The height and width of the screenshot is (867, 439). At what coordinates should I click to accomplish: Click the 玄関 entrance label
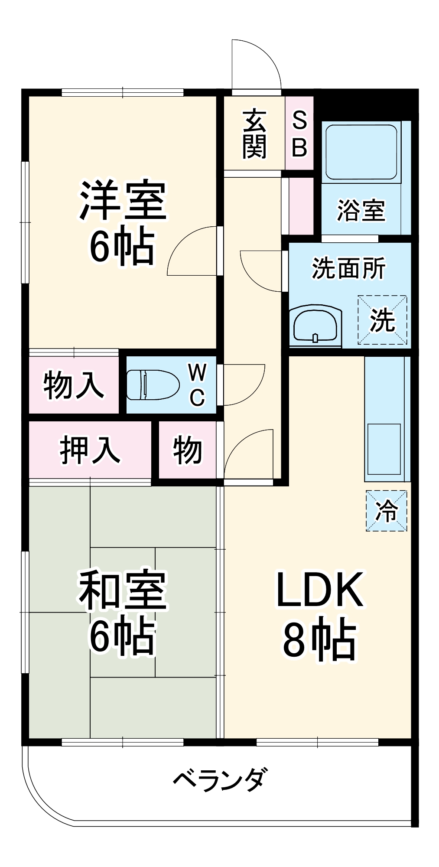coord(254,135)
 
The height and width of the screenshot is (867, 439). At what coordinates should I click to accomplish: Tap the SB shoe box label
coord(299,134)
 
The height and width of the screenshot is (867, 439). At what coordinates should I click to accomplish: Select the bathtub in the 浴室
coord(361,152)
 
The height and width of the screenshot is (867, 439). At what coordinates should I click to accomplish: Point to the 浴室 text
coord(361,210)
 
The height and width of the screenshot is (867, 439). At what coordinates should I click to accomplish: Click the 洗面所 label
coord(348,268)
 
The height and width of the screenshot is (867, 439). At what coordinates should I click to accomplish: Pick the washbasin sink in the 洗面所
coord(315,326)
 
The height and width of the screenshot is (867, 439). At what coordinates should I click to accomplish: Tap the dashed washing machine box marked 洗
coord(382,320)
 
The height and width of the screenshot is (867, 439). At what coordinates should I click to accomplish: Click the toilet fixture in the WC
coord(153,385)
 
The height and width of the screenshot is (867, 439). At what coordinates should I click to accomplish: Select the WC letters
coord(197,385)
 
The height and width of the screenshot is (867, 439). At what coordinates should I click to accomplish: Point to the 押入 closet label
coord(90,450)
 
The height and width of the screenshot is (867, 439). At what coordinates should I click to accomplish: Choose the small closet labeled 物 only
coord(187,450)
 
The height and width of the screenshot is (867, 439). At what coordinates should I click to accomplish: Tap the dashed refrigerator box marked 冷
coord(386,511)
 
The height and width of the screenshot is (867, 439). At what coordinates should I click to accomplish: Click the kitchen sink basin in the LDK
coord(384,449)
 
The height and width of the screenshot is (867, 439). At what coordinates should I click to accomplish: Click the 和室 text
coord(123,590)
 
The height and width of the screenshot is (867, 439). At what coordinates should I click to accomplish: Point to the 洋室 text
coord(123,200)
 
